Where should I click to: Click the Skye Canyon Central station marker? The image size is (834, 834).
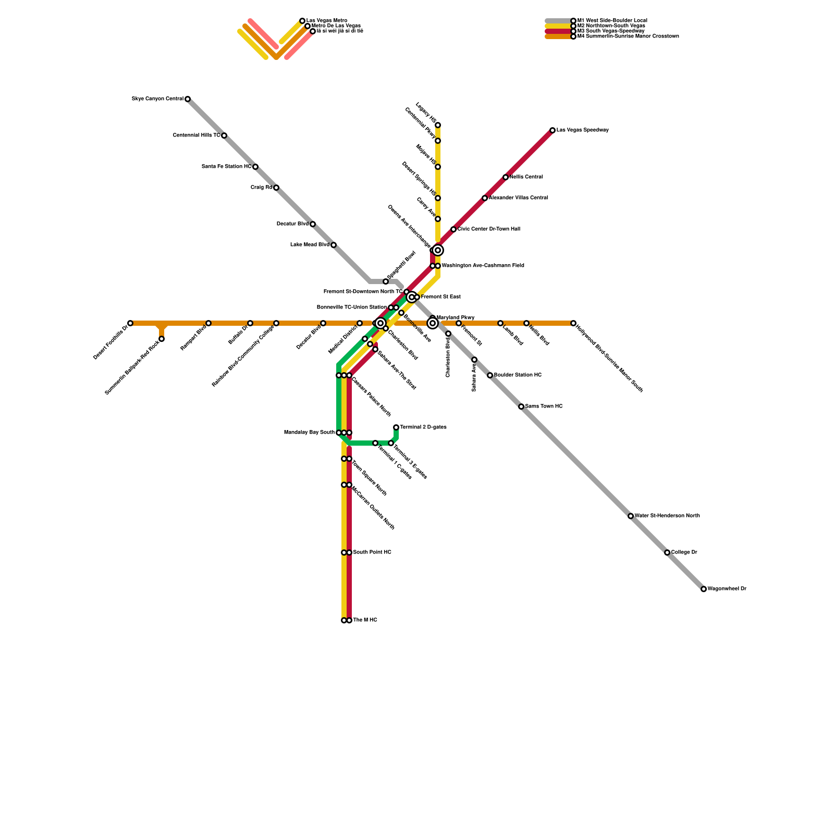(188, 99)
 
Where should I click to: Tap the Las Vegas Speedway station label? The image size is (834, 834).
(582, 130)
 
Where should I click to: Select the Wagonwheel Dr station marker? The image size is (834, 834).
(704, 589)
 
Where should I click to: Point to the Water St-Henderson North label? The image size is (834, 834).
(667, 516)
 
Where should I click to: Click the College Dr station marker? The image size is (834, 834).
(667, 553)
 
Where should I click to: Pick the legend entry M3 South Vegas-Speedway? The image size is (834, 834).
(610, 31)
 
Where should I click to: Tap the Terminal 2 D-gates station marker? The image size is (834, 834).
(396, 427)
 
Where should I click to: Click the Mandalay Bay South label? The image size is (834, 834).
(309, 433)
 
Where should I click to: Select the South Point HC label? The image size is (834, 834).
(372, 553)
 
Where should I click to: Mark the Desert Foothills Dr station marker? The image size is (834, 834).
(130, 323)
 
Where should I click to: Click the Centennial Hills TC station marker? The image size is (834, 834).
(224, 136)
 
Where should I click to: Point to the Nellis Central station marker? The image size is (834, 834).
(506, 177)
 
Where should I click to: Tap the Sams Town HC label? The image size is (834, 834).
(544, 407)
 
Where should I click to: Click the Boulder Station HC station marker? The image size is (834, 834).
(490, 375)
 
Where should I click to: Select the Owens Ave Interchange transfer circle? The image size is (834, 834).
(438, 250)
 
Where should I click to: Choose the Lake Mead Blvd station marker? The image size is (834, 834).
(334, 245)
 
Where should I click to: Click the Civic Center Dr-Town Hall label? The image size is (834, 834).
(488, 229)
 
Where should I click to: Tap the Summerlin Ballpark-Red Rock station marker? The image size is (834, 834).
(162, 339)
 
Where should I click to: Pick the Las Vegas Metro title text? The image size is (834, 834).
(326, 21)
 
